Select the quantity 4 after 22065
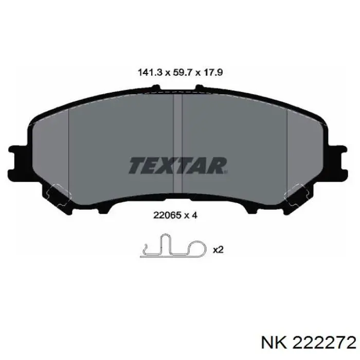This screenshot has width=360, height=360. tap(194, 216)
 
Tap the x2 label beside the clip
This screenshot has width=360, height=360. tap(218, 249)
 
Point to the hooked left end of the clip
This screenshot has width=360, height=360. tap(145, 252)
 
